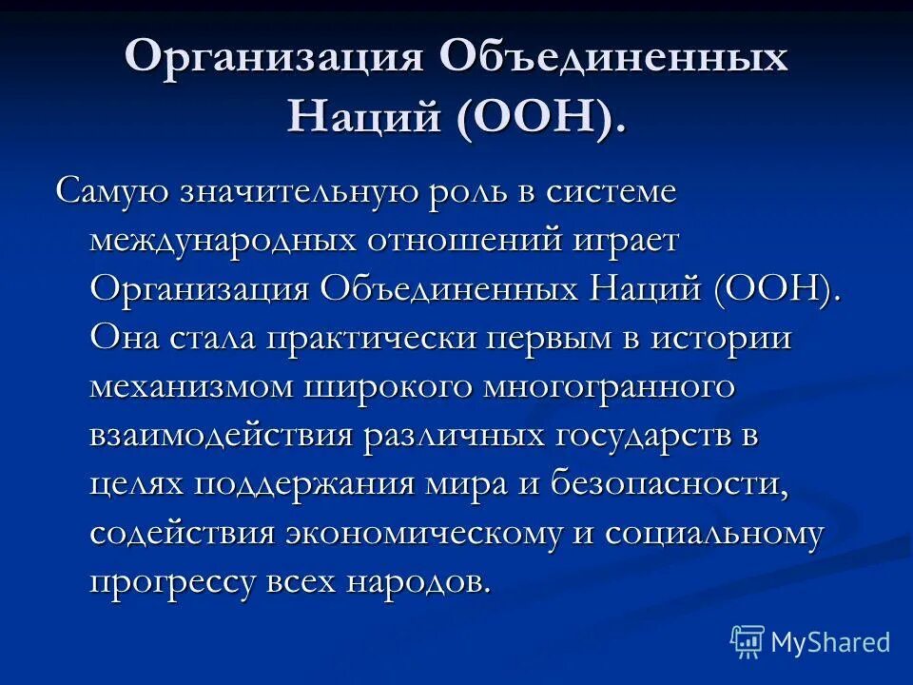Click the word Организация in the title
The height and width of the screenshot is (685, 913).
click(273, 59)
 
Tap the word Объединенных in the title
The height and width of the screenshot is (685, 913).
click(613, 59)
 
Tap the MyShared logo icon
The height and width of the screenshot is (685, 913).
click(748, 642)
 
